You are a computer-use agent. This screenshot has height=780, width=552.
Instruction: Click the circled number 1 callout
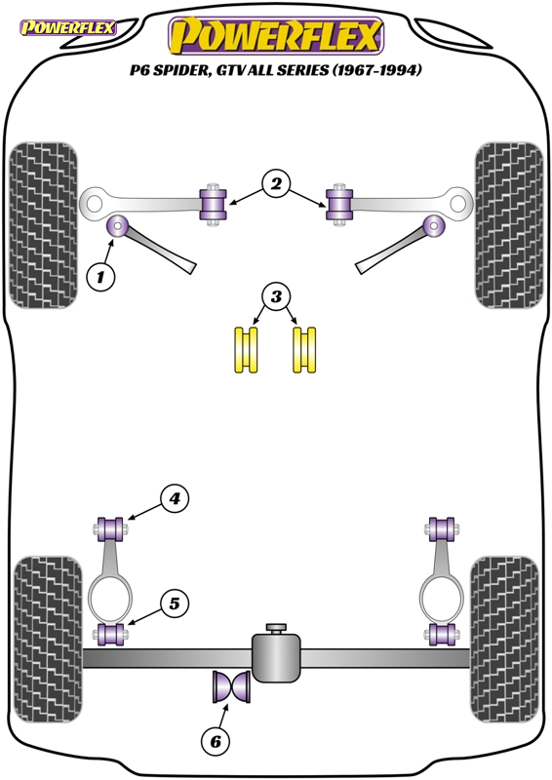pos(101,277)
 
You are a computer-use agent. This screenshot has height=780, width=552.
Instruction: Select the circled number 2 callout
pos(276,184)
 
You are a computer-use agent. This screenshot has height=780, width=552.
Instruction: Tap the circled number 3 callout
pos(276,297)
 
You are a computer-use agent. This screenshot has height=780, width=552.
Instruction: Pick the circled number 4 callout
pos(175,498)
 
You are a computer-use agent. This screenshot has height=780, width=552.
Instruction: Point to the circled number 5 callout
pos(175,604)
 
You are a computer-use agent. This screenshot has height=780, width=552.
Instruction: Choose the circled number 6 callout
pos(216,742)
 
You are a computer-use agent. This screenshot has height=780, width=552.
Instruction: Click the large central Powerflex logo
pos(276,36)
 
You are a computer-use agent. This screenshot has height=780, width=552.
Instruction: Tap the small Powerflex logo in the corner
pos(67,27)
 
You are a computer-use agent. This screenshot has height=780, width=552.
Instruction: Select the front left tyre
pos(43,225)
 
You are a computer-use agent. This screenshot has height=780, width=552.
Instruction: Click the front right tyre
pos(509,225)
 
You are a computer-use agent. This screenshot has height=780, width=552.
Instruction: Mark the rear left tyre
pos(48,640)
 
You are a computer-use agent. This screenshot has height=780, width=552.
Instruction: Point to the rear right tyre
pos(504,640)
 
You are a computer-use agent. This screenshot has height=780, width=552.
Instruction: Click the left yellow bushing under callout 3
pos(247,350)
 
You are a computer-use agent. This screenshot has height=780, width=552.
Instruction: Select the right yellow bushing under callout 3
pos(304,350)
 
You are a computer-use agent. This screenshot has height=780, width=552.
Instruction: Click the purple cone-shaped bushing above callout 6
pos(231,686)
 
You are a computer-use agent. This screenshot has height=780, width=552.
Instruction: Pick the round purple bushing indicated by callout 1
pos(117,226)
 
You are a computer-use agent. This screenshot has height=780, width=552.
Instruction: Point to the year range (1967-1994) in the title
pos(376,70)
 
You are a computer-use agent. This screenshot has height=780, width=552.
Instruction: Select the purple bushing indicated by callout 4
pos(111,529)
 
